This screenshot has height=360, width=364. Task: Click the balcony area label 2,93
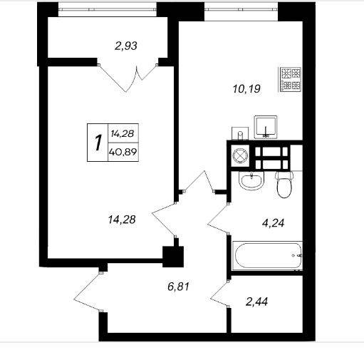(x=126, y=46)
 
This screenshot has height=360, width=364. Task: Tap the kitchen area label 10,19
(x=246, y=89)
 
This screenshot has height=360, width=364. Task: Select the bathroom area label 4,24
(x=273, y=223)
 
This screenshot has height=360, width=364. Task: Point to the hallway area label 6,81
(x=178, y=287)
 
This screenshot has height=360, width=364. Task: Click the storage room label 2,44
(x=257, y=302)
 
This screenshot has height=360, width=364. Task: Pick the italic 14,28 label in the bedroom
(x=122, y=220)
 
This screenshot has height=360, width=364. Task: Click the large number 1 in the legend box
(x=98, y=143)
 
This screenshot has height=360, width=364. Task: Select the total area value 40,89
(x=123, y=152)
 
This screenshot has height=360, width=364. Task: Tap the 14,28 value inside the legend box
(x=123, y=133)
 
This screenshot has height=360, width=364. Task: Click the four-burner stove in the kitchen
(x=290, y=80)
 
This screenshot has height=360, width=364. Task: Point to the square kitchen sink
(x=266, y=127)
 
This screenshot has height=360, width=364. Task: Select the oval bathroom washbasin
(x=251, y=180)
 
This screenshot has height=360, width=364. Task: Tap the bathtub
(x=267, y=256)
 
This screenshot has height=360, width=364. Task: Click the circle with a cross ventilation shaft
(x=240, y=156)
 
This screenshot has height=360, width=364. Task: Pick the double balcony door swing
(x=128, y=78)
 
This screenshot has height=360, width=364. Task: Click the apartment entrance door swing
(x=88, y=292)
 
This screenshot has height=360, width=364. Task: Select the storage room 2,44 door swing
(x=219, y=294)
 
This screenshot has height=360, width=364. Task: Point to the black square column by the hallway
(x=173, y=257)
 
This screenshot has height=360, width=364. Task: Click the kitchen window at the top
(x=241, y=10)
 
